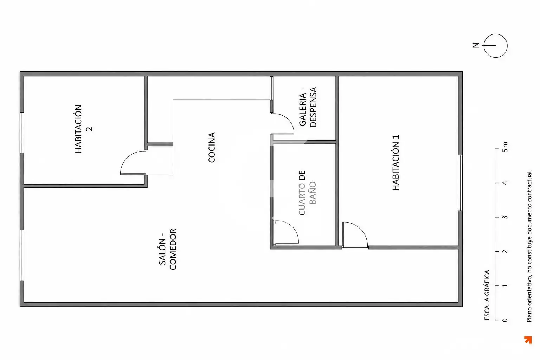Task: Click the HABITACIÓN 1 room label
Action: pyautogui.click(x=396, y=162)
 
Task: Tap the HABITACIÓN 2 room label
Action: pyautogui.click(x=83, y=129)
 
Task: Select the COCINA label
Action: pyautogui.click(x=211, y=147)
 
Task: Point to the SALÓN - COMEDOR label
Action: pyautogui.click(x=168, y=249)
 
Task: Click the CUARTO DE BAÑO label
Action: pyautogui.click(x=307, y=193)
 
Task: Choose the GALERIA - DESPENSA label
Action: pyautogui.click(x=308, y=107)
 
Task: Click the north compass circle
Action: pyautogui.click(x=495, y=46)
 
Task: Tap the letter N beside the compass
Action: pyautogui.click(x=476, y=45)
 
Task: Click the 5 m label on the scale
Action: pyautogui.click(x=505, y=147)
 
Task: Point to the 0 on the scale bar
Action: pyautogui.click(x=505, y=320)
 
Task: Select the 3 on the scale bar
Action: pyautogui.click(x=505, y=217)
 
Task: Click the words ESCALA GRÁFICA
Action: pyautogui.click(x=487, y=295)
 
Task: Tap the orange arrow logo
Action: pyautogui.click(x=528, y=340)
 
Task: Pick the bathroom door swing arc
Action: pyautogui.click(x=292, y=227)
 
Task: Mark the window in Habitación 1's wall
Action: pyautogui.click(x=460, y=183)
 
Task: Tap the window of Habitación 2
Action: pyautogui.click(x=22, y=133)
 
